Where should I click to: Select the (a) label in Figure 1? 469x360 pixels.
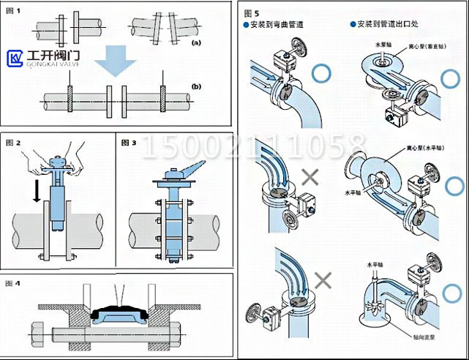(x=195, y=44)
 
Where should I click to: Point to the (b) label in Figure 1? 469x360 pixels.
(x=195, y=86)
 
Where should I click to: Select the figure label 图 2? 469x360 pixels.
(x=14, y=140)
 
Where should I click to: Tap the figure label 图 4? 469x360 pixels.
(x=14, y=282)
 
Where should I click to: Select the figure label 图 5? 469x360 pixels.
(x=252, y=13)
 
